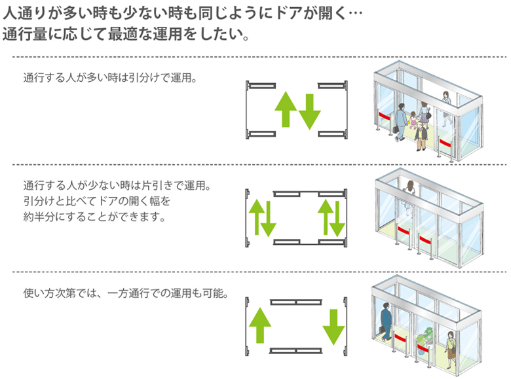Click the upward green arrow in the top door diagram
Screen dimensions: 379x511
pos(285,109)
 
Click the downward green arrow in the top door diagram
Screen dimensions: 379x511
pos(310,111)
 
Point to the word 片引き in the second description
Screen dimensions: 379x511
pos(150,185)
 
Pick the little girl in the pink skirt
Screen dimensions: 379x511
pos(413,122)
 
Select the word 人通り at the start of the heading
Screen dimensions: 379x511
pos(24,13)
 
